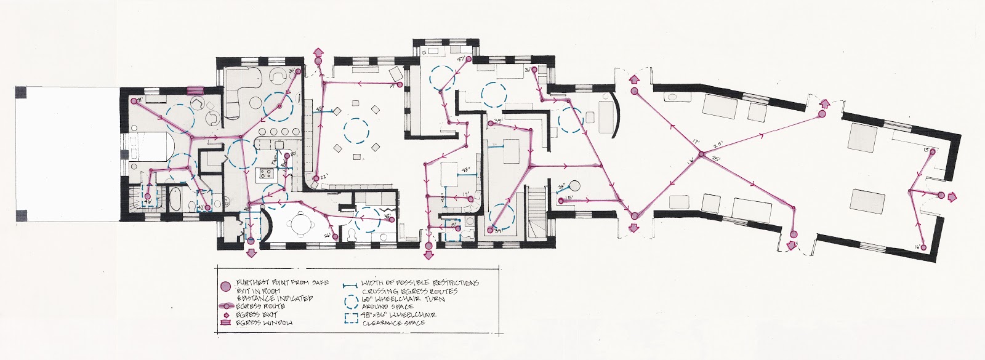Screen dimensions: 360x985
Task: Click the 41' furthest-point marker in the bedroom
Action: coord(133,101)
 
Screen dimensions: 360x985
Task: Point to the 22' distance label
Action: coord(322,180)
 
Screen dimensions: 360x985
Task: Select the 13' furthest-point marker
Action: coord(933,151)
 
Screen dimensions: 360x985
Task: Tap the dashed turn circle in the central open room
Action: coord(355,130)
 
